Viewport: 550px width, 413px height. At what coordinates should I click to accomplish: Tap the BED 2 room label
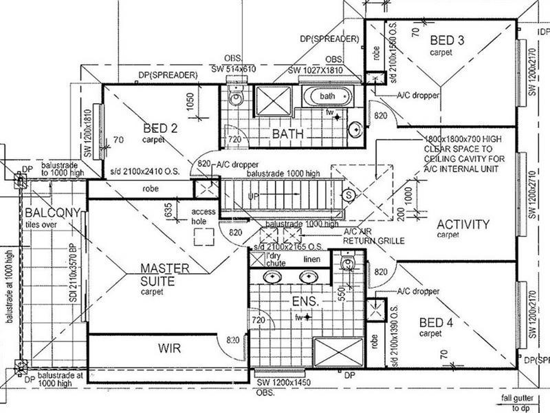(161, 127)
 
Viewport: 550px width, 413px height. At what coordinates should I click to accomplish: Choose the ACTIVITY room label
(463, 224)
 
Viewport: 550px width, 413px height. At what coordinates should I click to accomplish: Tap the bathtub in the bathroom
(327, 96)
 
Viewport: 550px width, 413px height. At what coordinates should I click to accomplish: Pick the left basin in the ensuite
(274, 277)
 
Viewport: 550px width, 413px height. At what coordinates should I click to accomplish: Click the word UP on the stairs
(254, 197)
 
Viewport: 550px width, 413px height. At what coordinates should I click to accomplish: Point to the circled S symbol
(349, 195)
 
